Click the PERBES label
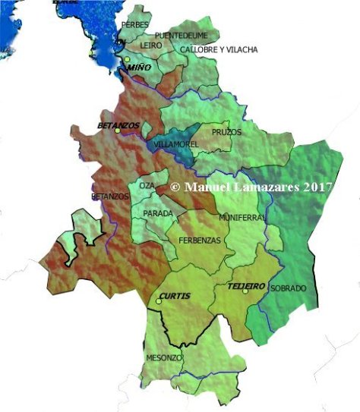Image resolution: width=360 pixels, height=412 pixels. [x=135, y=25]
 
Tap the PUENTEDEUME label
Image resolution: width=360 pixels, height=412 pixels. [x=185, y=36]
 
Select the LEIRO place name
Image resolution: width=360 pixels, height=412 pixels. [x=152, y=46]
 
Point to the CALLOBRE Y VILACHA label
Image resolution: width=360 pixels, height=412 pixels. [x=219, y=50]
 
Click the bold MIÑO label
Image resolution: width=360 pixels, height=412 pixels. [x=140, y=68]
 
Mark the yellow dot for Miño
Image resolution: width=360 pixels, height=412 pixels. [x=128, y=59]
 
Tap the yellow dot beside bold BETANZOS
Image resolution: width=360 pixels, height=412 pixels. [x=118, y=131]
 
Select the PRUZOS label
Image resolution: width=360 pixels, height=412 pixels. [x=226, y=132]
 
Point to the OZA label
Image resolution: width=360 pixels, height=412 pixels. [x=147, y=185]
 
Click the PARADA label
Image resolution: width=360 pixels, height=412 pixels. [x=158, y=213]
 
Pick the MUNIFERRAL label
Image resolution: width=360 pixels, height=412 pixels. [x=242, y=217]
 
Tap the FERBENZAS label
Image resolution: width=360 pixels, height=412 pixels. [x=200, y=241]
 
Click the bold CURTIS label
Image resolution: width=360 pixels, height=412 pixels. [x=175, y=295]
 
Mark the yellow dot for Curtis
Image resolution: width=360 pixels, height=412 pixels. [x=159, y=302]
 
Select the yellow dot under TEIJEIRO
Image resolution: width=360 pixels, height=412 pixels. [x=245, y=291]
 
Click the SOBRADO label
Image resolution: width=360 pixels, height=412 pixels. [x=288, y=289]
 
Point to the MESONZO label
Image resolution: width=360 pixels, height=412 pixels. [x=163, y=357]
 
